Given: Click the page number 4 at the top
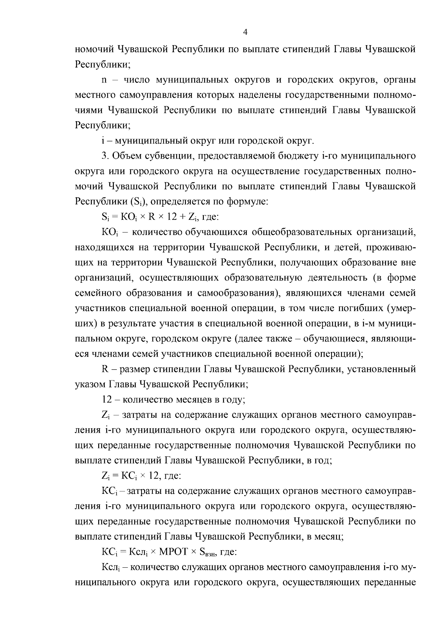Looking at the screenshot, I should [245, 32].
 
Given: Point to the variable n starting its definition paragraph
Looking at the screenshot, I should [104, 80].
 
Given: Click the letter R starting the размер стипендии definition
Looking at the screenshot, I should [105, 369].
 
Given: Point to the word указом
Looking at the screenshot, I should [91, 384].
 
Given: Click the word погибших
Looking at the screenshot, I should [359, 308].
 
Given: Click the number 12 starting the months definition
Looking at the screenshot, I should [106, 399].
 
